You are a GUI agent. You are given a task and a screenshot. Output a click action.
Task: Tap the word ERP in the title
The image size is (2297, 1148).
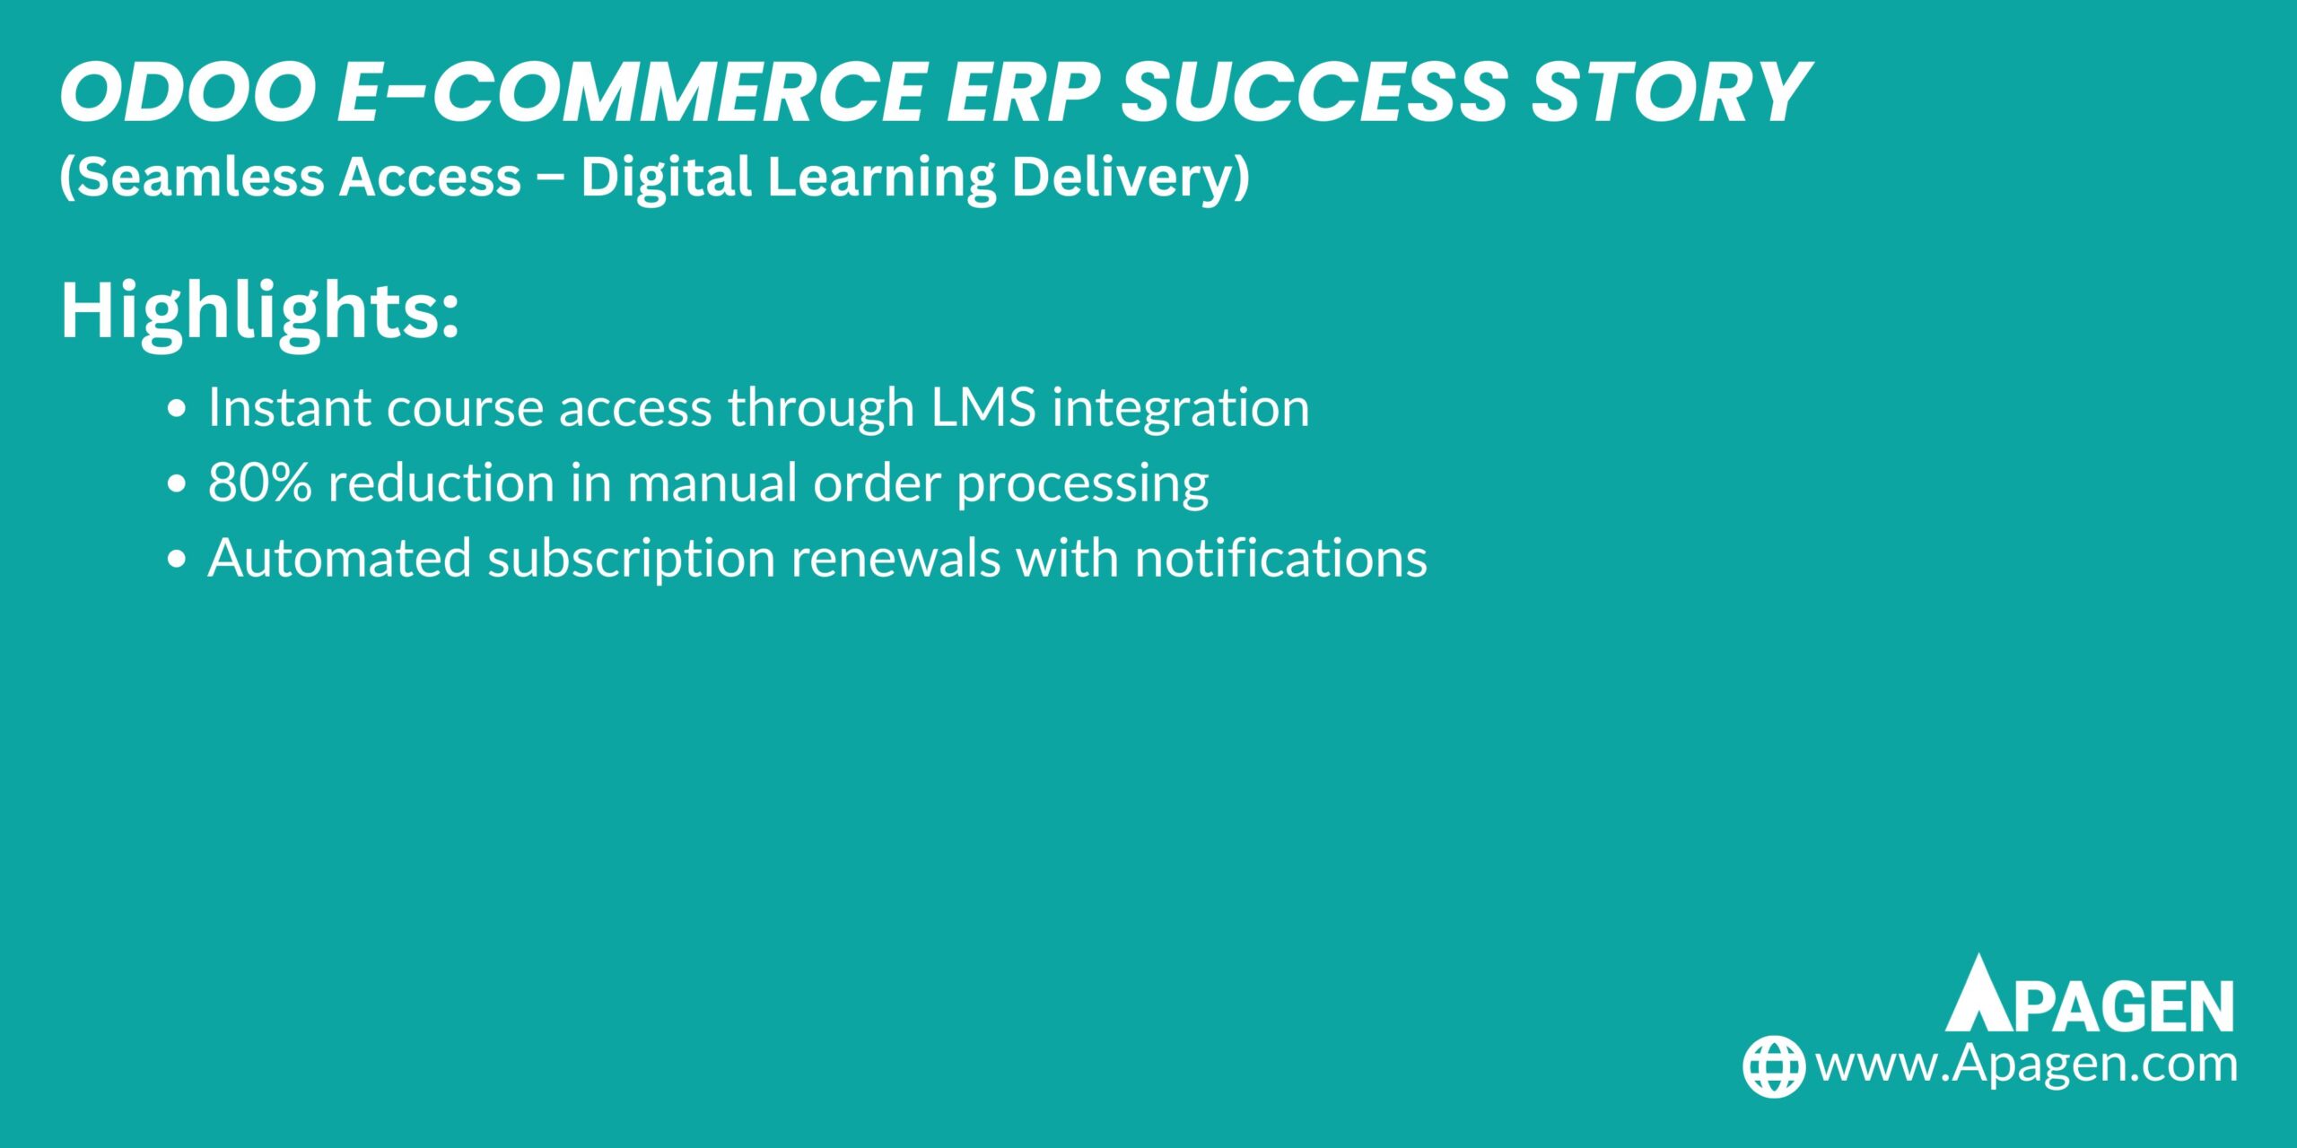pyautogui.click(x=1022, y=92)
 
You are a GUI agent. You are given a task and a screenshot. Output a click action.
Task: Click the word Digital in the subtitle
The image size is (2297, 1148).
pyautogui.click(x=665, y=177)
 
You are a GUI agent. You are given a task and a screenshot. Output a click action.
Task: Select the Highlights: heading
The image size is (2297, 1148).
pyautogui.click(x=259, y=310)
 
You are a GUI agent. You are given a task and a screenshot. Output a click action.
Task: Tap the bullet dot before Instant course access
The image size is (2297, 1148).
pyautogui.click(x=177, y=409)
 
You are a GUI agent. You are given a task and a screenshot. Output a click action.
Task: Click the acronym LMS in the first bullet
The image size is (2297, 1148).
pyautogui.click(x=983, y=407)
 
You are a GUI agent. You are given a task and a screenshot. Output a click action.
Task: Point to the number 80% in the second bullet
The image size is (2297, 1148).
pyautogui.click(x=260, y=483)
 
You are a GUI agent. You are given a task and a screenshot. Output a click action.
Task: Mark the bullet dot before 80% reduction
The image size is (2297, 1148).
pyautogui.click(x=177, y=484)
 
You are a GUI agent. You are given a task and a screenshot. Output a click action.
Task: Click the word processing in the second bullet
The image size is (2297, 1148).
pyautogui.click(x=1082, y=484)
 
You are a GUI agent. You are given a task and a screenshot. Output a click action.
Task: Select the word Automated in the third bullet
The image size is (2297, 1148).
pyautogui.click(x=339, y=558)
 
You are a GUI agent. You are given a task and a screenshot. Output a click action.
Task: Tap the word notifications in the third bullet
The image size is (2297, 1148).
pyautogui.click(x=1280, y=558)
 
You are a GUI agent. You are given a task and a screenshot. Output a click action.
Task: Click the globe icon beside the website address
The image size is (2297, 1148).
pyautogui.click(x=1773, y=1066)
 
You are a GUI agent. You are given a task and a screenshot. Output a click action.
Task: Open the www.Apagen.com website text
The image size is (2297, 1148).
pyautogui.click(x=2026, y=1065)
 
